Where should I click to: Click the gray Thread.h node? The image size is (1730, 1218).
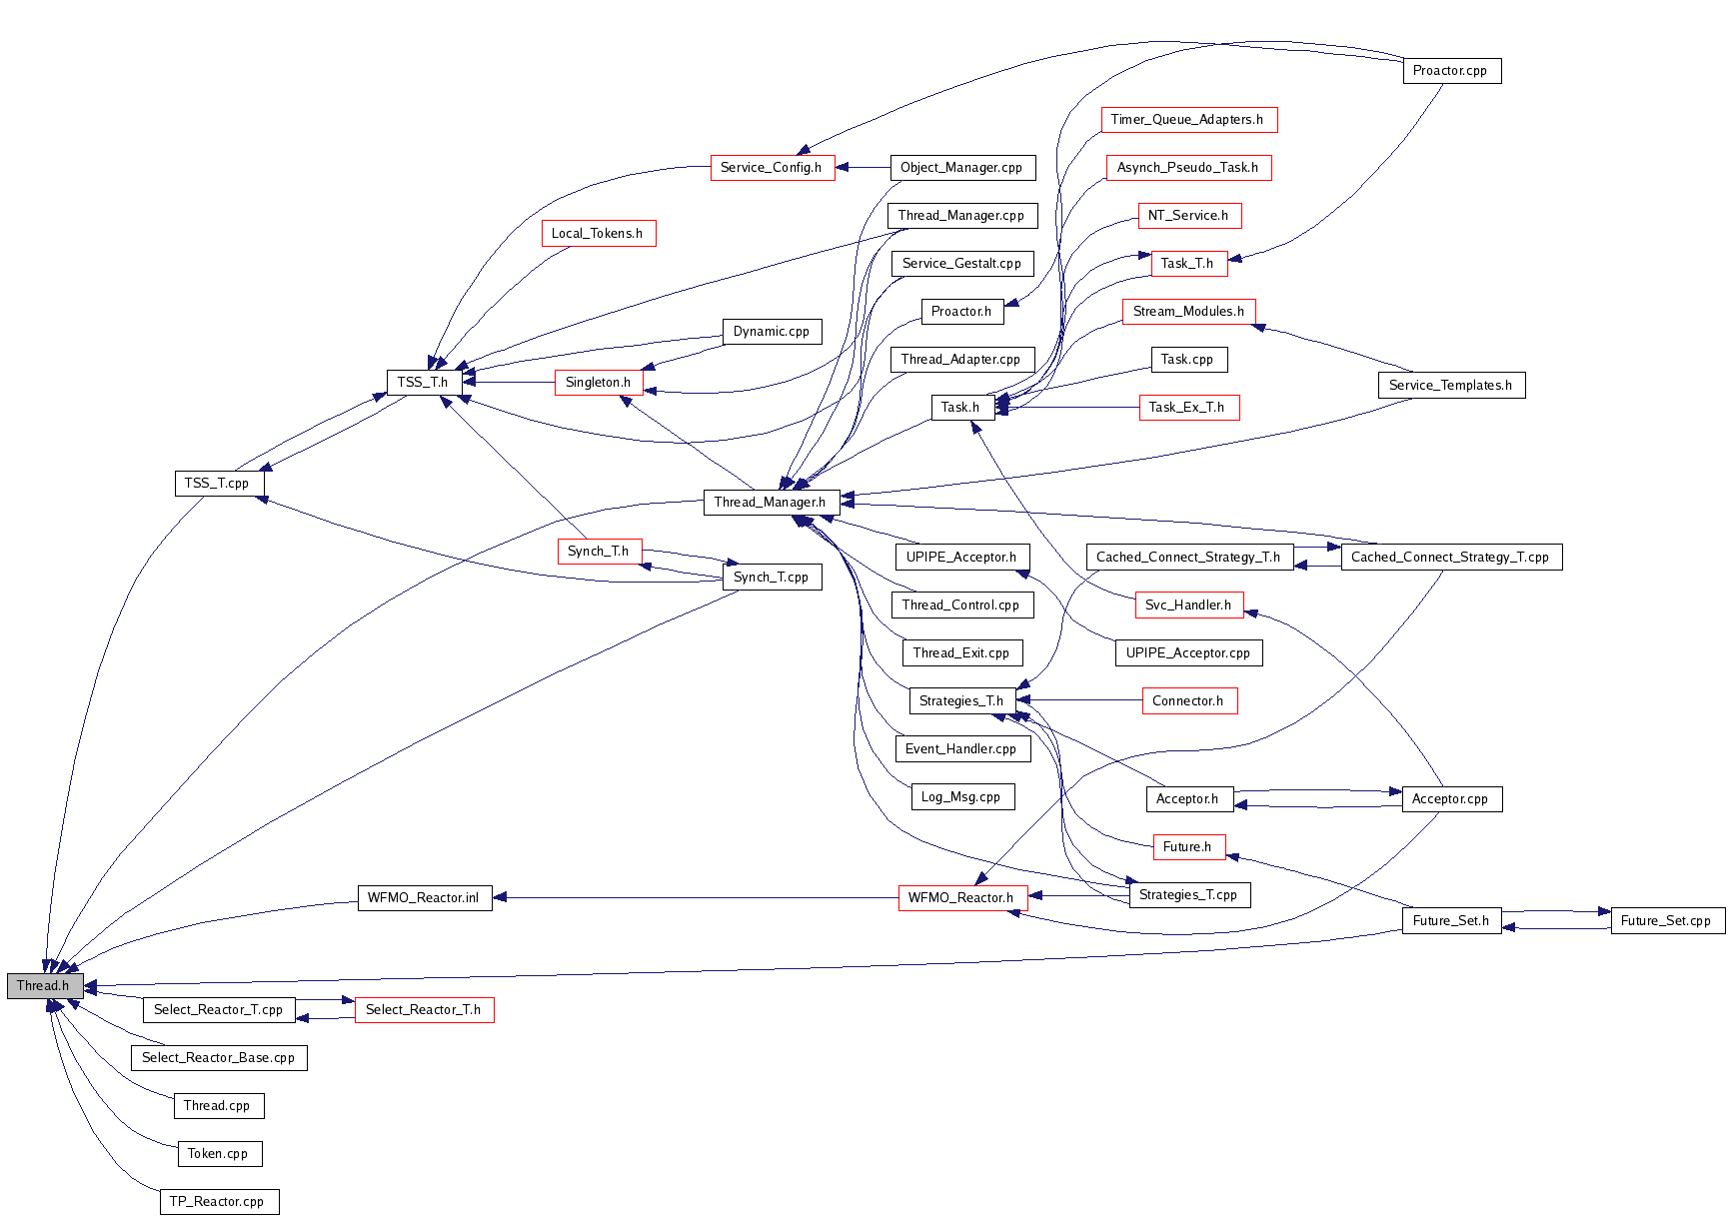[x=44, y=986]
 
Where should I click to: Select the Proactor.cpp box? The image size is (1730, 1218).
[x=1451, y=71]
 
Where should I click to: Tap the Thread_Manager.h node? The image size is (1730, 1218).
[x=770, y=503]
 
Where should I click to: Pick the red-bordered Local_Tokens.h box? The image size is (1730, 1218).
[x=598, y=234]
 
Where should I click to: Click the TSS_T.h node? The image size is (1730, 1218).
[x=423, y=383]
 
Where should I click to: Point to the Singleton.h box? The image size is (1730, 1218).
[x=598, y=383]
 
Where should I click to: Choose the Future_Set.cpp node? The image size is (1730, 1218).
[x=1667, y=921]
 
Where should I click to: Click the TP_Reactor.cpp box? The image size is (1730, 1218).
[x=218, y=1202]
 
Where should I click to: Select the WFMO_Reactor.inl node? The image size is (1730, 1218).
[x=424, y=898]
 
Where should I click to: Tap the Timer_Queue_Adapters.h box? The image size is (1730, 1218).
[x=1187, y=120]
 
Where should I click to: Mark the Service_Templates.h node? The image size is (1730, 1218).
[x=1451, y=386]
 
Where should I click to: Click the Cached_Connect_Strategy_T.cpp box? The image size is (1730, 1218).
[x=1450, y=558]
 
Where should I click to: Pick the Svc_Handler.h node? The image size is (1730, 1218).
[x=1188, y=606]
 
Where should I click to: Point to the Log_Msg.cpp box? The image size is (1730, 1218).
[x=961, y=797]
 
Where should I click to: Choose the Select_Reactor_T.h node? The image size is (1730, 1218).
[x=424, y=1010]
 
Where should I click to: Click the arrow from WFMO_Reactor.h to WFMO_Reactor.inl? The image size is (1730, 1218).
[x=700, y=897]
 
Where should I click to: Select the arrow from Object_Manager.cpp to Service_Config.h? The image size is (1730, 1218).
[x=863, y=167]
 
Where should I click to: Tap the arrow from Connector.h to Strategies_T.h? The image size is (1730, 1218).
[x=1079, y=700]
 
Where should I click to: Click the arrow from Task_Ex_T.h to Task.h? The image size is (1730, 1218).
[x=1069, y=408]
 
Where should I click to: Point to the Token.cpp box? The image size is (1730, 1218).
[x=218, y=1154]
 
